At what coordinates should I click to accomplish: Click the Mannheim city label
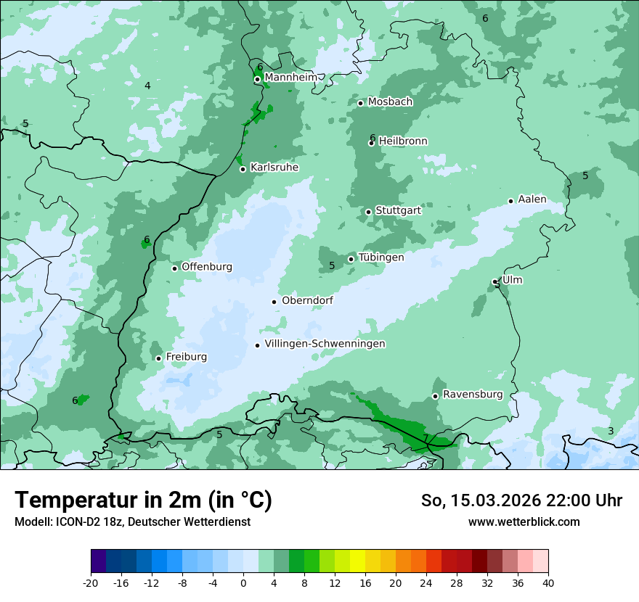click(289, 78)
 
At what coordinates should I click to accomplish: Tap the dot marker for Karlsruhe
click(243, 169)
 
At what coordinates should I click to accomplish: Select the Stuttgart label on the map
click(398, 211)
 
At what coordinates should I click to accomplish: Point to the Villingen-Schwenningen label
click(325, 344)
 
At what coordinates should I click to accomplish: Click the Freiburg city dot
click(158, 358)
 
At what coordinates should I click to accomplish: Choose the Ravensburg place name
click(472, 395)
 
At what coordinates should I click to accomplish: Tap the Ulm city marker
click(495, 281)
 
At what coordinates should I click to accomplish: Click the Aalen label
click(532, 199)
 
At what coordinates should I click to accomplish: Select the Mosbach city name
click(390, 102)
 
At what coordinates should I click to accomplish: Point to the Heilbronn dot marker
click(371, 143)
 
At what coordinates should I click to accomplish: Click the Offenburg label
click(207, 267)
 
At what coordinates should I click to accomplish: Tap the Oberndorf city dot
click(274, 302)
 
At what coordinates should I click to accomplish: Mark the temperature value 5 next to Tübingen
click(332, 265)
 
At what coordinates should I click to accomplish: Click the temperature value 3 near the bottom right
click(610, 431)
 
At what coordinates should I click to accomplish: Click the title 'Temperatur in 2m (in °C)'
click(143, 500)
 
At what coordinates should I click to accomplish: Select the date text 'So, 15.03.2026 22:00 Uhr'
click(521, 500)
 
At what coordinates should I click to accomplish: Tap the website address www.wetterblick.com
click(524, 522)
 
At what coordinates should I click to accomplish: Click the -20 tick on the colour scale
click(91, 582)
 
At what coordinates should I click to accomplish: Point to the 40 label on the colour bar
click(548, 582)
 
